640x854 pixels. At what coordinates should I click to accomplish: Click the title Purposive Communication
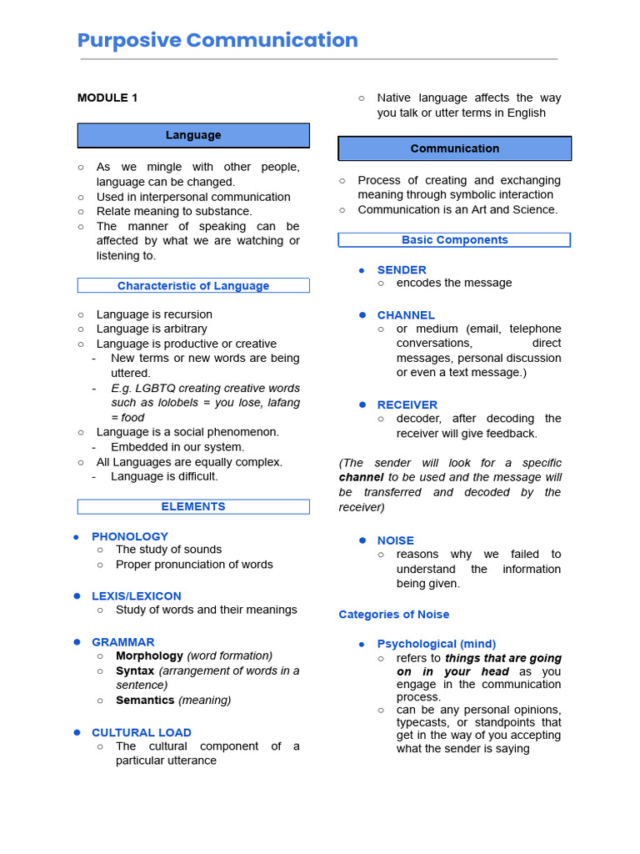217,40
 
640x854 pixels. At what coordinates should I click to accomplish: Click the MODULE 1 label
107,98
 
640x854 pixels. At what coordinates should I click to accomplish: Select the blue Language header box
193,135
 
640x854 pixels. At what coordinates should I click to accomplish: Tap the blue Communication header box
454,148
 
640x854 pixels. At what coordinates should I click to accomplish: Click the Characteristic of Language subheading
193,285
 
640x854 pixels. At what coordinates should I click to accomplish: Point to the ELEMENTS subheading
193,506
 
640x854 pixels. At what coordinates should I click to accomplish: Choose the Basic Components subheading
454,239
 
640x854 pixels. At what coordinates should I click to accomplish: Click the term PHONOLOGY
130,536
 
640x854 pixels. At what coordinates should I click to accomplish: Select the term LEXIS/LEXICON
137,596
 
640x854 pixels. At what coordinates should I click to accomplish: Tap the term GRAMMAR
123,642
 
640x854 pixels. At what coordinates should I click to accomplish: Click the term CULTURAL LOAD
142,732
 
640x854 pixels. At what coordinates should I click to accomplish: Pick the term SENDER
402,269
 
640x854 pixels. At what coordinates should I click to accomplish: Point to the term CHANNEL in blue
406,315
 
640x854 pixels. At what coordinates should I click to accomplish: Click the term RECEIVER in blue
407,404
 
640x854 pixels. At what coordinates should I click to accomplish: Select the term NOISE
396,540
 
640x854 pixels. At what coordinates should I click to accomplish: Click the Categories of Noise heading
394,615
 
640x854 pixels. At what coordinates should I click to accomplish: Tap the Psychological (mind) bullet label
437,644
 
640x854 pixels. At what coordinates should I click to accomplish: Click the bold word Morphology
149,656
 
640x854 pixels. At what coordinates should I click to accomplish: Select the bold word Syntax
135,671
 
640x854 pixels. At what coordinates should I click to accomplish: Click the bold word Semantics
145,701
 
